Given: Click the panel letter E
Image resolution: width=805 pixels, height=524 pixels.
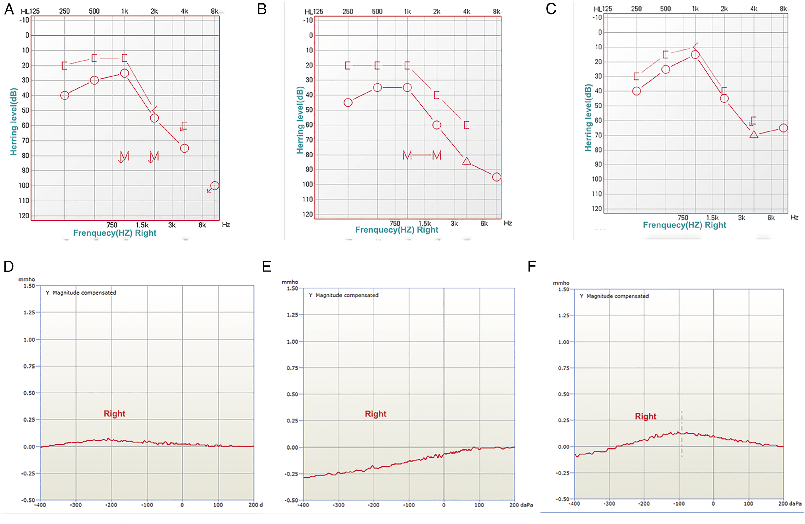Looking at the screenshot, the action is click(x=266, y=267).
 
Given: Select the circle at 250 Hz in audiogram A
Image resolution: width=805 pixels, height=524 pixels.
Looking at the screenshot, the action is click(x=65, y=95).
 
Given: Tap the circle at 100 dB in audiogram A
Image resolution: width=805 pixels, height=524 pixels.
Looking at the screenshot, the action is click(x=214, y=186).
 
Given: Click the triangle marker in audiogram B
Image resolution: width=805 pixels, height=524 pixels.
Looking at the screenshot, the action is click(x=466, y=161).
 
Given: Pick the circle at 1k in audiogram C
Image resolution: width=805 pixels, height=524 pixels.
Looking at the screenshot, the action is click(x=695, y=55).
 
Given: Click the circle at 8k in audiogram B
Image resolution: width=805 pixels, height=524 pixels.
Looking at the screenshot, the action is click(x=497, y=177).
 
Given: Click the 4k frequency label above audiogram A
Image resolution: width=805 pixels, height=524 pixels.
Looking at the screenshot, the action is click(x=184, y=11).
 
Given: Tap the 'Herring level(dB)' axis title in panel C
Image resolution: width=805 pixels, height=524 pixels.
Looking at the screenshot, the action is click(x=588, y=118).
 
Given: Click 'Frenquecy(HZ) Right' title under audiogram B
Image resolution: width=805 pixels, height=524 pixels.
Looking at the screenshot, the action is click(x=397, y=230).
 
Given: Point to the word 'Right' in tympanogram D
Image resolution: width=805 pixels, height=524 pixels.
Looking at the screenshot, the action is click(x=114, y=414).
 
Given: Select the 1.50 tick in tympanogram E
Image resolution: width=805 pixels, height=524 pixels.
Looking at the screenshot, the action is click(x=292, y=288).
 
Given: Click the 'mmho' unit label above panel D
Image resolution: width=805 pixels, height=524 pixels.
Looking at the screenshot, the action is click(x=27, y=279).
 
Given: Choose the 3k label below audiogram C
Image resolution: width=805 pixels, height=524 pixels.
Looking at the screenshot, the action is click(x=742, y=218).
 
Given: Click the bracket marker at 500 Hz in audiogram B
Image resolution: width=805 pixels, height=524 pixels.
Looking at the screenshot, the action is click(x=377, y=66).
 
